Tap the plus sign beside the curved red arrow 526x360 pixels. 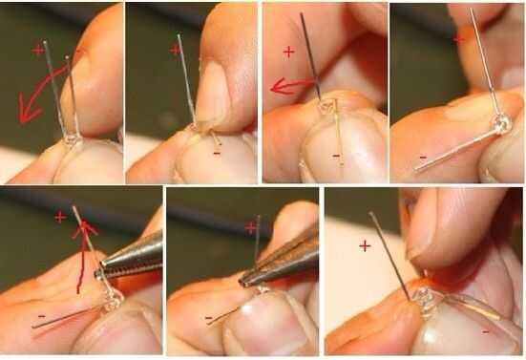38,50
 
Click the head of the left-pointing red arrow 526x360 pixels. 279,87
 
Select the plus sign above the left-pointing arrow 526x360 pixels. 288,52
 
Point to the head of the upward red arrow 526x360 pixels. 84,228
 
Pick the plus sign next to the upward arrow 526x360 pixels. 60,218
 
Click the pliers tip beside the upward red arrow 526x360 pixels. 98,273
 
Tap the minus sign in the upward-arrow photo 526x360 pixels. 42,316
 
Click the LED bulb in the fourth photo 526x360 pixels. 501,124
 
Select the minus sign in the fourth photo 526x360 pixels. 423,157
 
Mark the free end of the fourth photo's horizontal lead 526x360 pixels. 416,170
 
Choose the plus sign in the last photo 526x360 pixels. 365,246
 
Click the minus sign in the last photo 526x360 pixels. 485,332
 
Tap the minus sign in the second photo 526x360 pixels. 217,154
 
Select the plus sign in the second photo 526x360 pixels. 175,50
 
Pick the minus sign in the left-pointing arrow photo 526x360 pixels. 336,156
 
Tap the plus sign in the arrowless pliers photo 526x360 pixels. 250,228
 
